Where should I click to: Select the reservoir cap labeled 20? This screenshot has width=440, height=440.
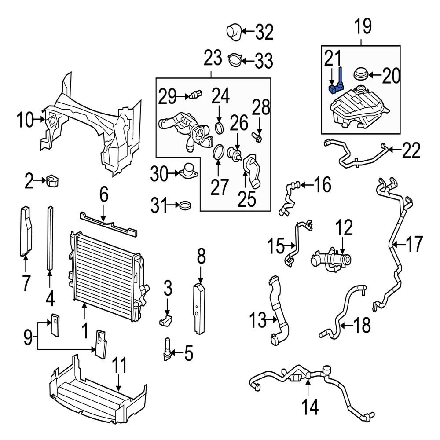(360, 74)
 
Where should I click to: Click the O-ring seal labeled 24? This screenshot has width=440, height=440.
(220, 128)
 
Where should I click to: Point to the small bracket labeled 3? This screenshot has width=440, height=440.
(165, 320)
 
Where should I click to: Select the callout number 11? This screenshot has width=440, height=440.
(119, 366)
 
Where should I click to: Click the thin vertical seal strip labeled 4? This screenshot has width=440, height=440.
(50, 238)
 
